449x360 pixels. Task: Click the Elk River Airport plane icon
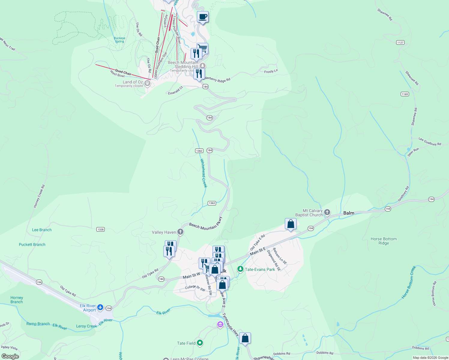(x=100, y=307)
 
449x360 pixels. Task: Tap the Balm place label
(x=348, y=213)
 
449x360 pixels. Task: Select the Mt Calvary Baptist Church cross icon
(x=327, y=212)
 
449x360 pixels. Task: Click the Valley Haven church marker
(x=180, y=232)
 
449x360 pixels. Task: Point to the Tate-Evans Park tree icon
(x=240, y=269)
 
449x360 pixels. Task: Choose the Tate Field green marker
(x=200, y=343)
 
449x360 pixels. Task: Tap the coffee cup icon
(x=203, y=17)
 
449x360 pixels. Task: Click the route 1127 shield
(x=400, y=43)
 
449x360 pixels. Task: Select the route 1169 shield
(x=405, y=94)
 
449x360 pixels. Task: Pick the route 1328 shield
(x=101, y=229)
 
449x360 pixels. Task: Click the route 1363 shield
(x=212, y=203)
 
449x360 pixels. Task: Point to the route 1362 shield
(x=199, y=151)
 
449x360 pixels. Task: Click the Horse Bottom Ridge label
(x=384, y=241)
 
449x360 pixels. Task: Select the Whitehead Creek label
(x=204, y=173)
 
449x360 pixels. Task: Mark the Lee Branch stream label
(x=42, y=230)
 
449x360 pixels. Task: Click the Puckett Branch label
(x=32, y=244)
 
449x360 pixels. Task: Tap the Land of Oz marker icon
(x=147, y=83)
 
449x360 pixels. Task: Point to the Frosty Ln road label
(x=271, y=71)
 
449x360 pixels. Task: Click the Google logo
(x=10, y=356)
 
